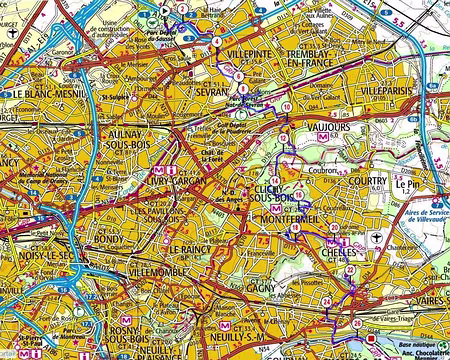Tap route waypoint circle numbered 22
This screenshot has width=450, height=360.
pyautogui.click(x=349, y=270)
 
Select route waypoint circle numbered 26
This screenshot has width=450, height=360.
pyautogui.click(x=358, y=323)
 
